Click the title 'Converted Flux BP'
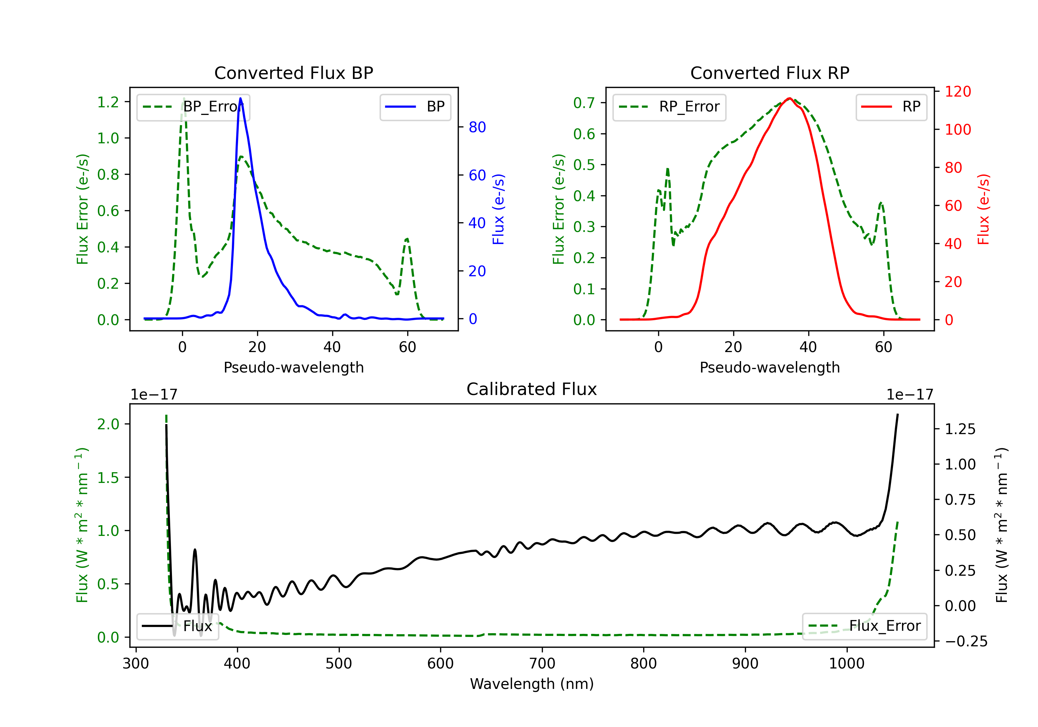click(x=294, y=73)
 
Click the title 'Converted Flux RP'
click(x=770, y=73)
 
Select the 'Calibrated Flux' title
click(x=532, y=389)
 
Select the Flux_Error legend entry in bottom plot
click(x=864, y=626)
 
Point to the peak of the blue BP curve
click(x=240, y=98)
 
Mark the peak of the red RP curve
click(x=789, y=98)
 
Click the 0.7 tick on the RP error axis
click(x=584, y=103)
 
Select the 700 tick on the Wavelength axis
click(x=542, y=664)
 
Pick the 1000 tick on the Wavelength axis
click(x=847, y=664)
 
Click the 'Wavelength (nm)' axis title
click(x=532, y=684)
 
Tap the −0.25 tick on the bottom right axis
click(x=966, y=641)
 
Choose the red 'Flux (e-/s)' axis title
click(x=984, y=209)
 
